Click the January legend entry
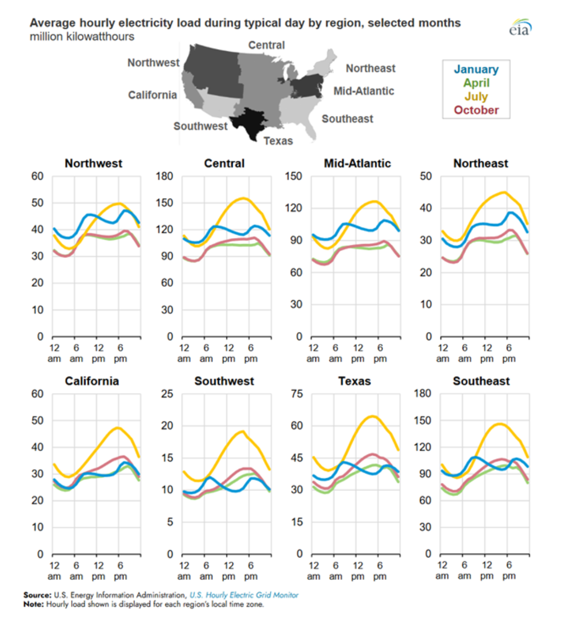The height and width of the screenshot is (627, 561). click(475, 69)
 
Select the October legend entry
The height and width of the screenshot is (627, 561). click(476, 110)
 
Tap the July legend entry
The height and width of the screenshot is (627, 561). click(476, 97)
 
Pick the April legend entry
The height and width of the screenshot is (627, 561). click(476, 83)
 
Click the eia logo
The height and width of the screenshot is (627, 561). click(520, 28)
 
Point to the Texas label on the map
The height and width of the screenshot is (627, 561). click(278, 141)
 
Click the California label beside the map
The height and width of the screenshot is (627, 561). click(152, 95)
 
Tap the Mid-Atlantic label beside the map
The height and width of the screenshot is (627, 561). click(364, 91)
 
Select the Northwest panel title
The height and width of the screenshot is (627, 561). click(93, 163)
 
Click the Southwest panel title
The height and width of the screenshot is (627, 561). click(224, 381)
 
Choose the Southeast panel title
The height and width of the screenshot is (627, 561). click(481, 381)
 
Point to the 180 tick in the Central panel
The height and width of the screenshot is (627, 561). click(164, 176)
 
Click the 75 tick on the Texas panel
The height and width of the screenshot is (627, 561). click(296, 394)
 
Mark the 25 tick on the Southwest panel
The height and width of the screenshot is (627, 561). click(167, 394)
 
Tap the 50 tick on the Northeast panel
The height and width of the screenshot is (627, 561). click(426, 176)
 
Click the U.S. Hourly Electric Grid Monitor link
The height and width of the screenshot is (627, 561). click(244, 595)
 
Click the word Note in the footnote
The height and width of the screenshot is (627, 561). click(33, 605)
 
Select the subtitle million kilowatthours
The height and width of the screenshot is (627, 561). click(82, 37)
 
